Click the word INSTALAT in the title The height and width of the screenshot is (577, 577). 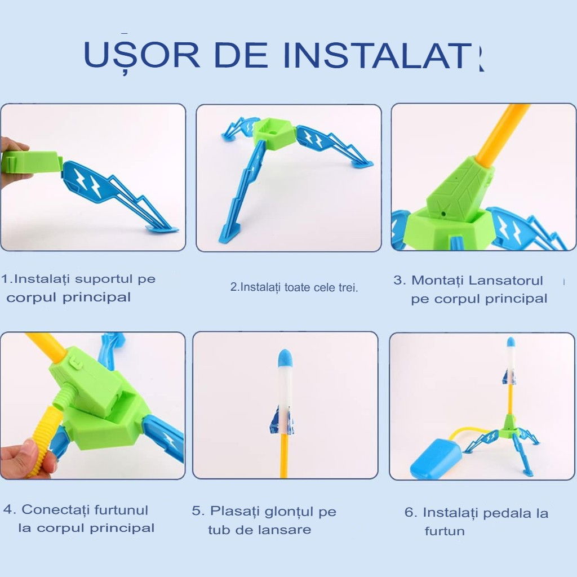point(383,55)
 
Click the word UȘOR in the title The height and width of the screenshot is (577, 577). point(141,55)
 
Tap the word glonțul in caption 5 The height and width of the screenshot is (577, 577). point(287,511)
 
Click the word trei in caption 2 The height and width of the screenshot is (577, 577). point(347,287)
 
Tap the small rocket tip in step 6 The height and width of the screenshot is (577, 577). point(510,342)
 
